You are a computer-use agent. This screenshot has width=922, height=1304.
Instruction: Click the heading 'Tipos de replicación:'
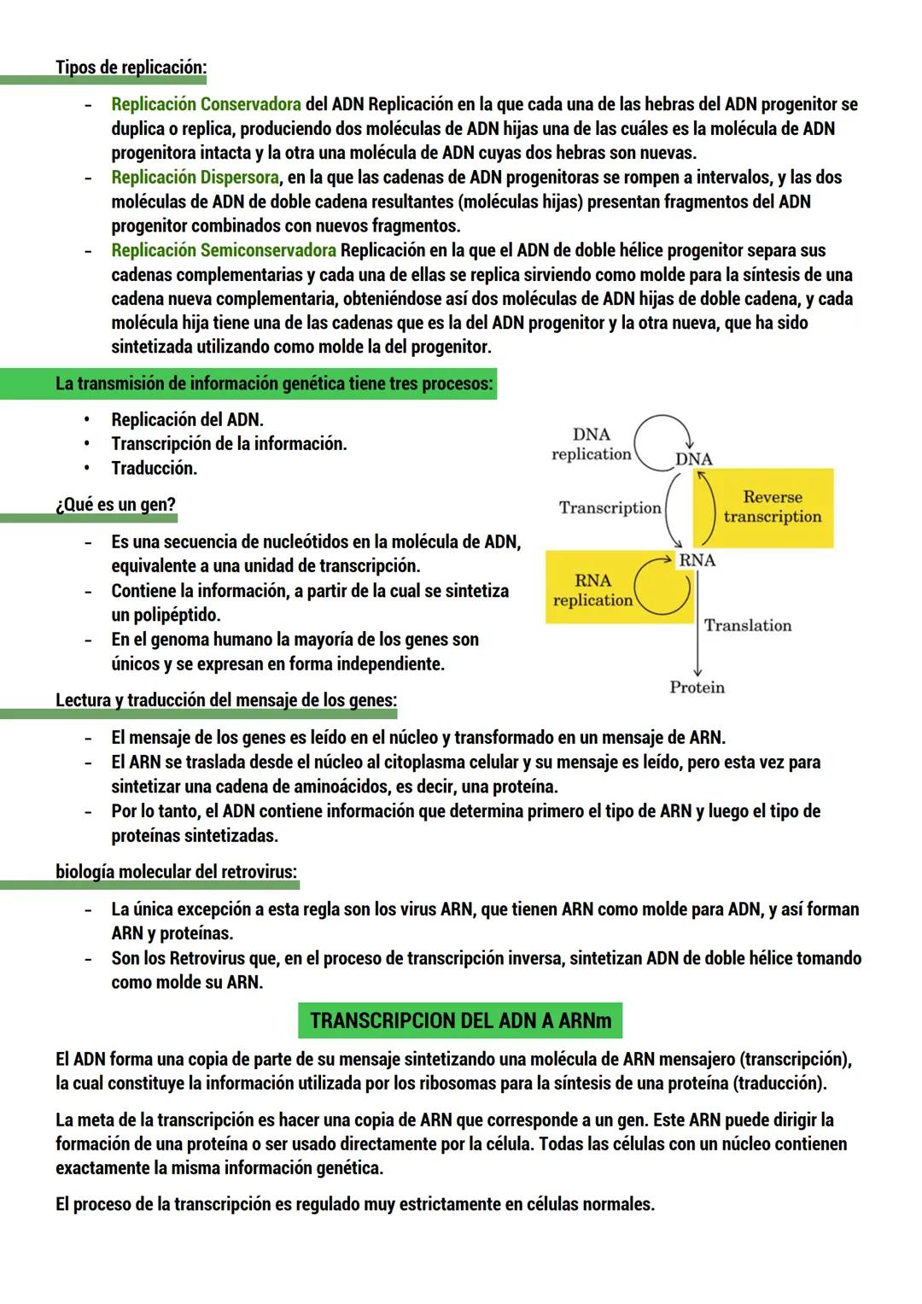[131, 67]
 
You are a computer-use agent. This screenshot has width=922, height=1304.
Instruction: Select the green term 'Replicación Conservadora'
[206, 104]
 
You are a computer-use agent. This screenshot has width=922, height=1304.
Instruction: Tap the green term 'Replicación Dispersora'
[195, 178]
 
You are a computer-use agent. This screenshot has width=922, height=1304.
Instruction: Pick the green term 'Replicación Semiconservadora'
[223, 250]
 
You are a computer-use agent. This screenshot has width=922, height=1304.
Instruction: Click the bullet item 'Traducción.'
[154, 468]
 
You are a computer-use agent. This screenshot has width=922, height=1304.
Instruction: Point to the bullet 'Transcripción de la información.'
[229, 444]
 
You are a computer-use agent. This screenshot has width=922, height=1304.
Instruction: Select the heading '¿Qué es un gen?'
[115, 504]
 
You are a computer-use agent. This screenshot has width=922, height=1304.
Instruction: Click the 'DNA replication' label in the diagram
[592, 444]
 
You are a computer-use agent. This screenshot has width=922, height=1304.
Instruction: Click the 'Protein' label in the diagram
[697, 687]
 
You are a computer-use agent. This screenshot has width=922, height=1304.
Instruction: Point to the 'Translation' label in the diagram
[748, 625]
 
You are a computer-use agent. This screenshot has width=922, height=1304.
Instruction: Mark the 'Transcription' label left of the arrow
[610, 508]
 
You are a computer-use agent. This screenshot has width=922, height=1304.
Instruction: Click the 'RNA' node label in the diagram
[697, 560]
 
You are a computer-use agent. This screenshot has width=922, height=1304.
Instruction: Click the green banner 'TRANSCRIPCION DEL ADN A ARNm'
[460, 1020]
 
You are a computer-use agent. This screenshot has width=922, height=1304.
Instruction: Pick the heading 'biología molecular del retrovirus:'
[177, 872]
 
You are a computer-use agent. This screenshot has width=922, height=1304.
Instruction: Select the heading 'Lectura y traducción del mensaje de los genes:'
[226, 700]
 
